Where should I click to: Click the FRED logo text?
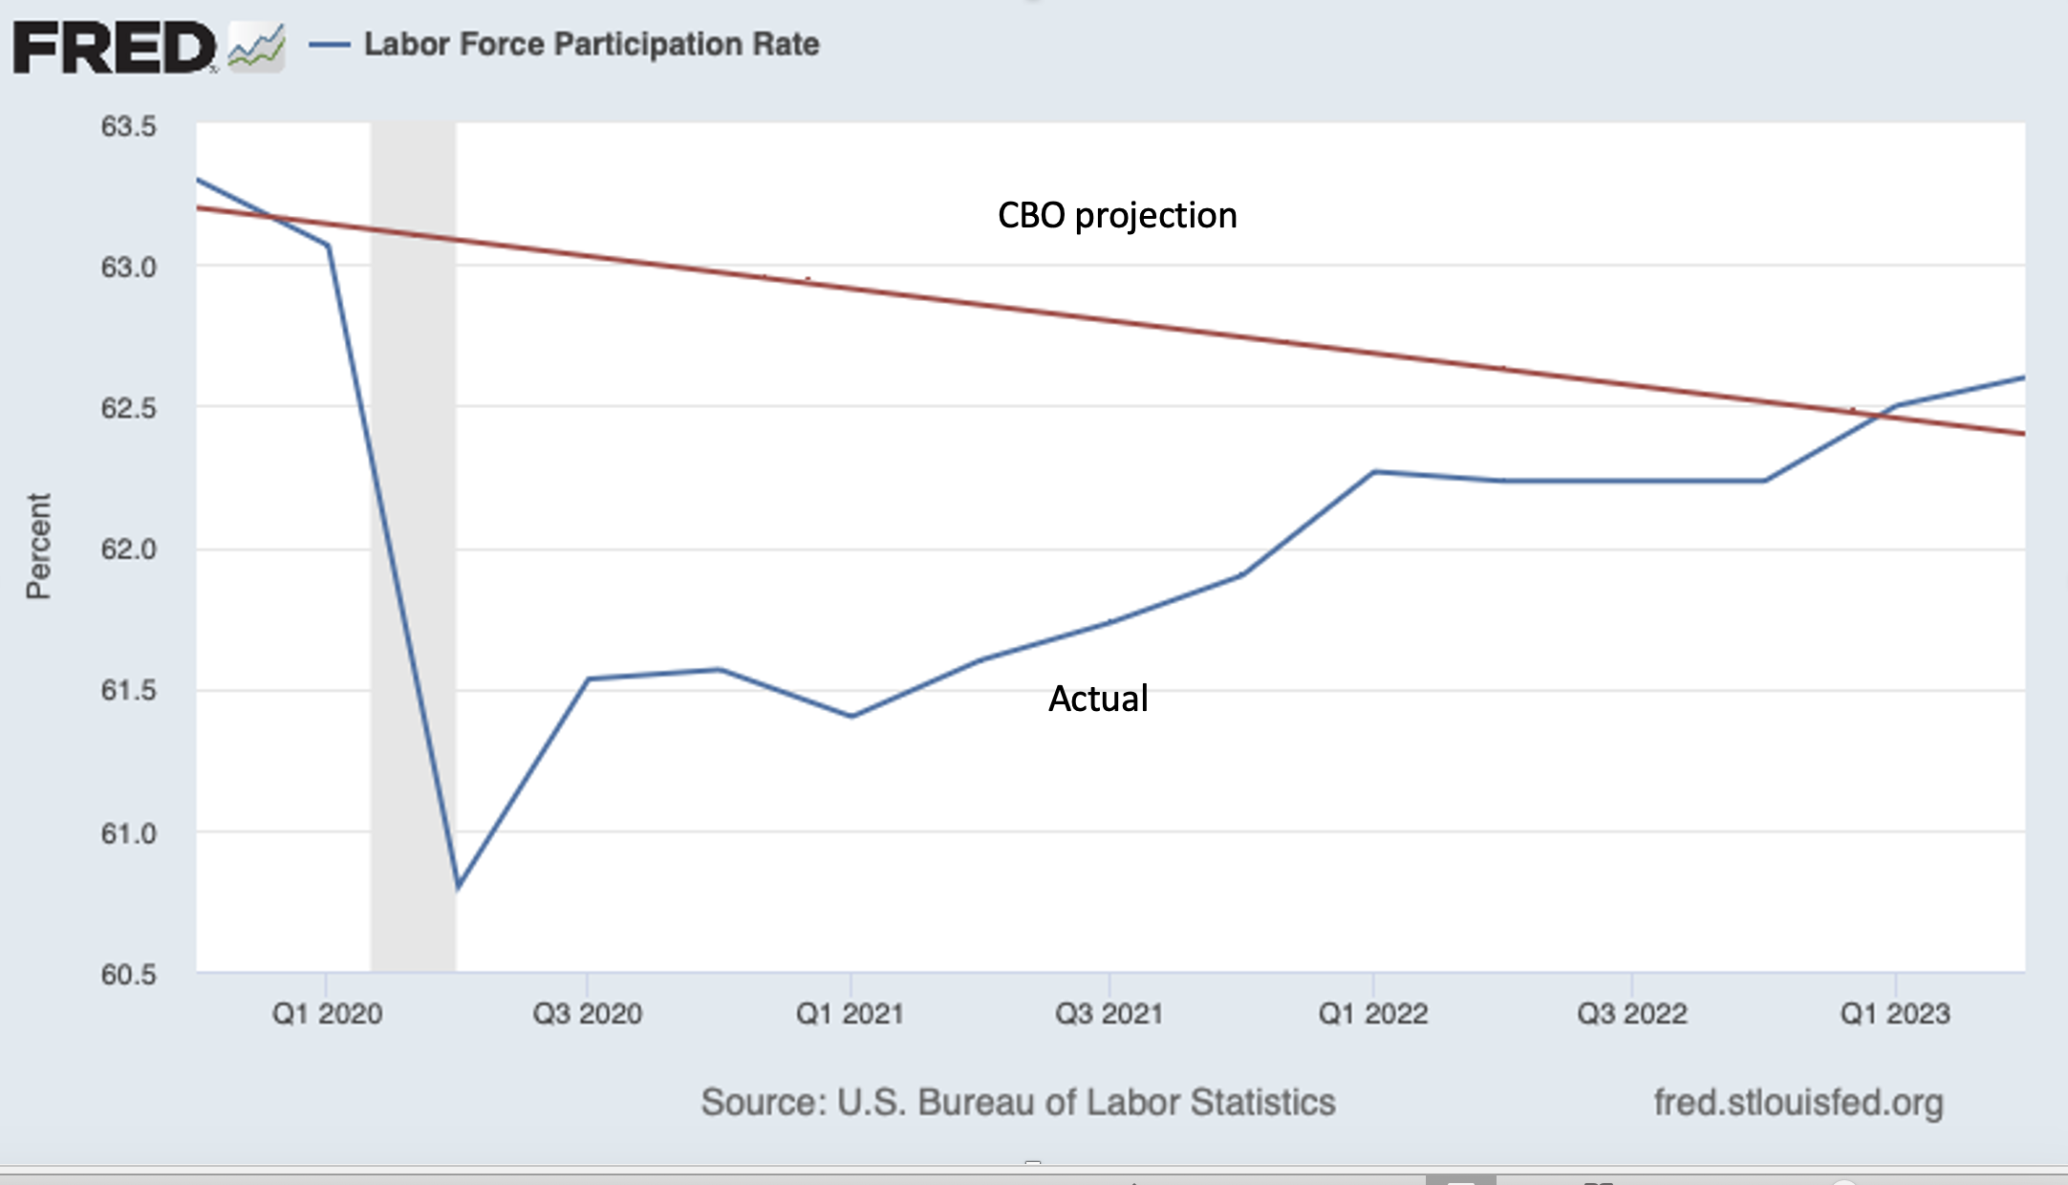pos(113,48)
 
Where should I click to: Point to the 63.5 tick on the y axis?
pos(128,126)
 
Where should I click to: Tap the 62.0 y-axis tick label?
pos(128,549)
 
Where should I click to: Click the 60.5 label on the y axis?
pos(128,975)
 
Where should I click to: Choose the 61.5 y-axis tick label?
pos(128,690)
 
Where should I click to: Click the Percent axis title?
pos(38,547)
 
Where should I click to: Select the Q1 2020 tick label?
pos(327,1013)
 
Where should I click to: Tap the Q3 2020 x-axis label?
pos(587,1013)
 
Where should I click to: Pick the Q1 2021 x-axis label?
pos(850,1013)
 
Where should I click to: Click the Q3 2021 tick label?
pos(1109,1013)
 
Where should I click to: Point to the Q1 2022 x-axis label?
pos(1372,1013)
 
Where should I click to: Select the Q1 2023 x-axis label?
pos(1895,1013)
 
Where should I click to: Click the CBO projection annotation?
pos(1117,216)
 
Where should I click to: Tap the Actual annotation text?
pos(1098,699)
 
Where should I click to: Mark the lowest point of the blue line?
pos(459,887)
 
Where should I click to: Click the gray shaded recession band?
pos(413,573)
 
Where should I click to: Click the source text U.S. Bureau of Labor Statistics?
pos(1018,1102)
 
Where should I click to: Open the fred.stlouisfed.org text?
pos(1799,1102)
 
